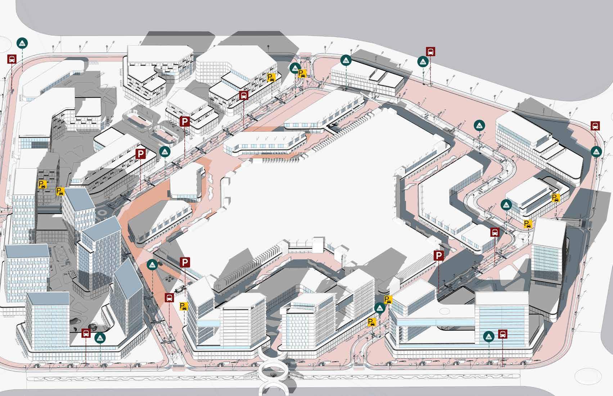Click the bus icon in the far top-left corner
coord(12,59)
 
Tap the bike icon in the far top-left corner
coord(22,43)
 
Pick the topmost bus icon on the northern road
coord(431,52)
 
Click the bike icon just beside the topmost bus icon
coord(423,62)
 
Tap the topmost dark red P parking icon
coord(185,122)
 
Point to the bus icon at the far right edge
coord(595,126)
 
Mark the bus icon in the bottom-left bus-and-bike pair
coord(86,333)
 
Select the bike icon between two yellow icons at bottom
coord(379,308)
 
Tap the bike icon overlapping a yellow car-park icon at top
coord(295,67)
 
